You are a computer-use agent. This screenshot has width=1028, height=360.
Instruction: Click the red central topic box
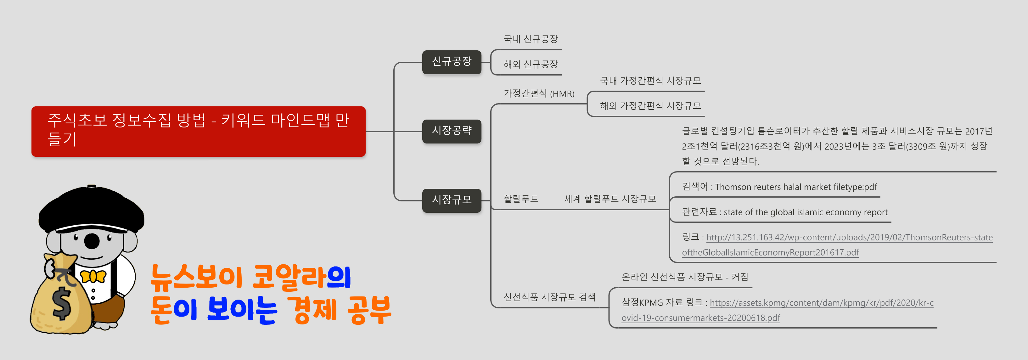click(198, 131)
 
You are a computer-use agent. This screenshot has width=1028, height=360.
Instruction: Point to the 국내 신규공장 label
click(530, 39)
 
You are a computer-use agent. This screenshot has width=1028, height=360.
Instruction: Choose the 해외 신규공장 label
click(530, 64)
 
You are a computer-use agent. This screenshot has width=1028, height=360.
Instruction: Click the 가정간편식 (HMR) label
click(539, 93)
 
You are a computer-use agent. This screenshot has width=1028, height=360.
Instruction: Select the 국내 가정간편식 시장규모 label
click(650, 81)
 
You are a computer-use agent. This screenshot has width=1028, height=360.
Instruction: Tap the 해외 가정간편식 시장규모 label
click(650, 106)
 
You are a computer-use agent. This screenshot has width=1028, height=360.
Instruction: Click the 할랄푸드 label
click(521, 199)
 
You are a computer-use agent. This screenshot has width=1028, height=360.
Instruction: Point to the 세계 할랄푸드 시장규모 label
click(610, 199)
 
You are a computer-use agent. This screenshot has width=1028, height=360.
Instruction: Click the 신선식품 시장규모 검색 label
click(549, 297)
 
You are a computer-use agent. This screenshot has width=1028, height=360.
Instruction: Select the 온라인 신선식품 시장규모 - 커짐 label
click(684, 277)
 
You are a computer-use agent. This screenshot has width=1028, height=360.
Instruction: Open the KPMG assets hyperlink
click(821, 303)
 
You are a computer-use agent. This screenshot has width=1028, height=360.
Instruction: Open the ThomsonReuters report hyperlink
click(849, 238)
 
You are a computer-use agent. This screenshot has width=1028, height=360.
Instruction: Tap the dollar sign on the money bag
click(62, 303)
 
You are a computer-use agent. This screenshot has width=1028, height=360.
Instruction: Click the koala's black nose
click(92, 241)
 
